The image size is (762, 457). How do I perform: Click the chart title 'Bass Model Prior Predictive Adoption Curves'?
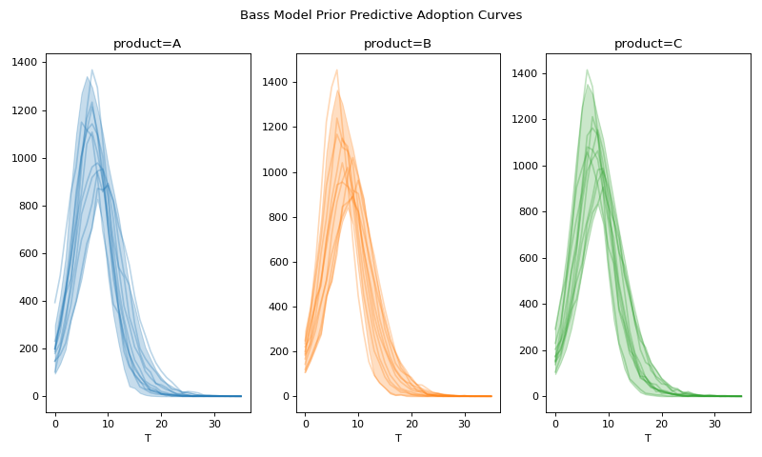381,15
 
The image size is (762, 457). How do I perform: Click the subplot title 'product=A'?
147,44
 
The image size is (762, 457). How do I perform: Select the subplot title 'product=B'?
397,44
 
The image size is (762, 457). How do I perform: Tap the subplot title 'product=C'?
648,44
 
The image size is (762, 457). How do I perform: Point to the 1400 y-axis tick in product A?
27,63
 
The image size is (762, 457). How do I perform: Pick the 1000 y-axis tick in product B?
277,172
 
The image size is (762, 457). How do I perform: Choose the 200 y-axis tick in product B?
280,351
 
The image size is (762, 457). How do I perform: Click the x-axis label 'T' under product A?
148,439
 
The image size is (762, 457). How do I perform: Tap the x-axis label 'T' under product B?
398,439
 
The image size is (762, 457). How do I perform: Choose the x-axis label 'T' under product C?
648,439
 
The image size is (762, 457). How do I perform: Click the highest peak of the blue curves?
91,70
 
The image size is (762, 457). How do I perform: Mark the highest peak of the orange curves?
336,70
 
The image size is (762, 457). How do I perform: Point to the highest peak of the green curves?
587,70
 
